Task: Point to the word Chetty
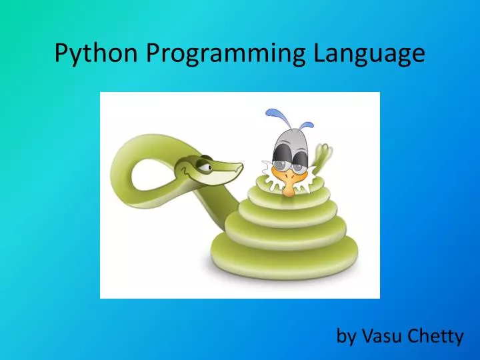[437, 336]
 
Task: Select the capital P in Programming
[152, 52]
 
